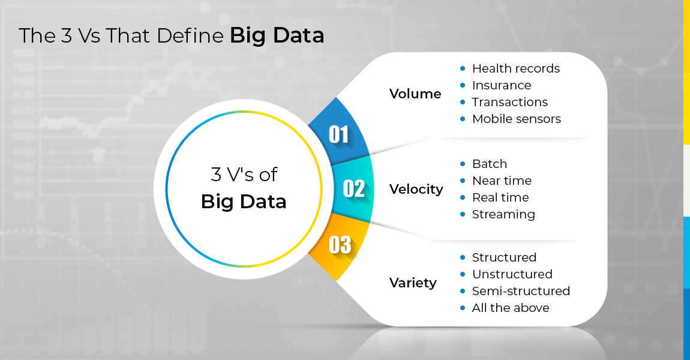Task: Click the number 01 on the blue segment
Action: tap(339, 134)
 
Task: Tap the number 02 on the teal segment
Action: tap(354, 189)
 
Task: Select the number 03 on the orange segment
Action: tap(340, 245)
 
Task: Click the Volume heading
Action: tap(415, 94)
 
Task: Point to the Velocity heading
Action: tap(416, 189)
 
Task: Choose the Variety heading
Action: tap(413, 283)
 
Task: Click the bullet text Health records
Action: tap(516, 68)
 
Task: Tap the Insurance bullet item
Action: tap(502, 85)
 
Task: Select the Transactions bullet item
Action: tap(509, 102)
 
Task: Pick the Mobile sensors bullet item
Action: tap(517, 119)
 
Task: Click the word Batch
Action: tap(490, 164)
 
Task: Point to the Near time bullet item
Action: tap(502, 181)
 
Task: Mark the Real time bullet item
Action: tap(500, 197)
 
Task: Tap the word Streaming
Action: tap(503, 215)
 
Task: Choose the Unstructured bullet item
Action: tap(512, 274)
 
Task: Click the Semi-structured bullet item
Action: tap(521, 291)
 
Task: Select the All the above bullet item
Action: tap(511, 308)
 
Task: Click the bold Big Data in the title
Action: tap(277, 35)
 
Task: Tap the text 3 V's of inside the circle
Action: tap(244, 174)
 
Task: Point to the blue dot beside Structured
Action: tap(463, 257)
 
